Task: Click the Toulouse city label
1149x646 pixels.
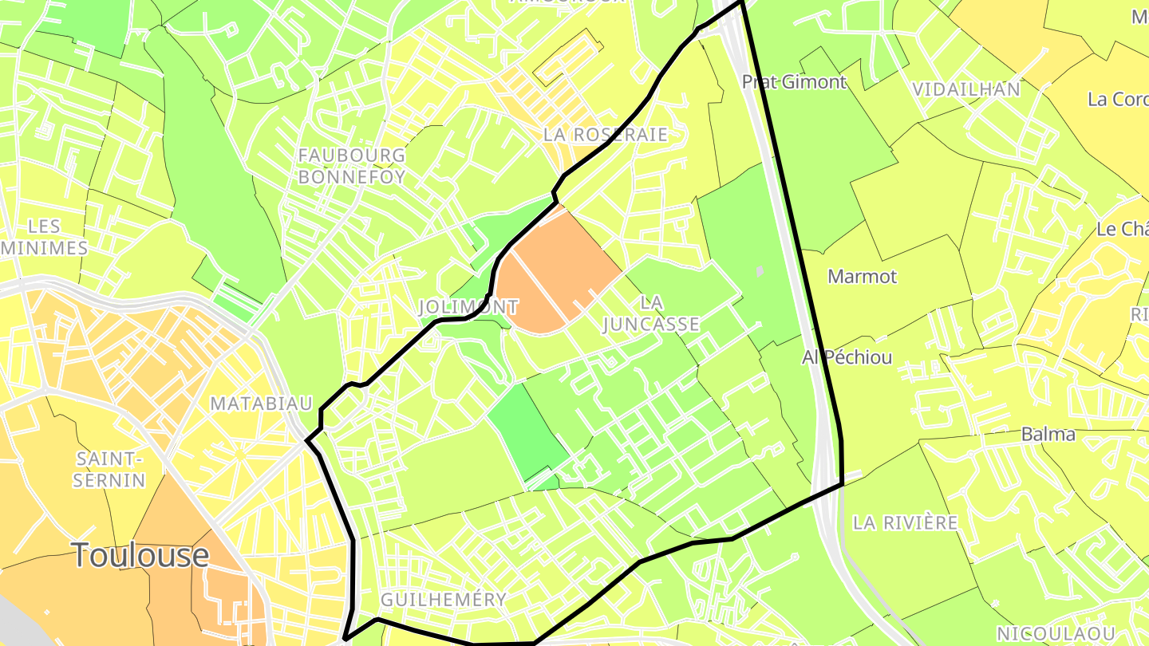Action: [140, 555]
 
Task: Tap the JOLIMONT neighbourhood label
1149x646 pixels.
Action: [468, 306]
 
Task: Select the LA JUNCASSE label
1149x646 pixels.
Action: [651, 313]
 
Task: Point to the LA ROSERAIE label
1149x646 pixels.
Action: [605, 134]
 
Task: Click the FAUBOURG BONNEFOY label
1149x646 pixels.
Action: [352, 166]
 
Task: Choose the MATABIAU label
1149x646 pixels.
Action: [261, 404]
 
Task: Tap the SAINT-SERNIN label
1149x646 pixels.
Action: [110, 470]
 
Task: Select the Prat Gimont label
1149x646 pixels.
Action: [794, 81]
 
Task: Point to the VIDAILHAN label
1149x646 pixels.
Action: [966, 89]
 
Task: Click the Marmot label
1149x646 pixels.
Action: [862, 277]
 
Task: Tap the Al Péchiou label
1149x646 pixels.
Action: [847, 357]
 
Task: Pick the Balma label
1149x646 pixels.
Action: [1048, 435]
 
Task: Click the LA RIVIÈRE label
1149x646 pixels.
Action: [905, 523]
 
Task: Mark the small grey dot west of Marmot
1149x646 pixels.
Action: [759, 271]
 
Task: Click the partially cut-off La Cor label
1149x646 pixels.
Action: [1117, 100]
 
